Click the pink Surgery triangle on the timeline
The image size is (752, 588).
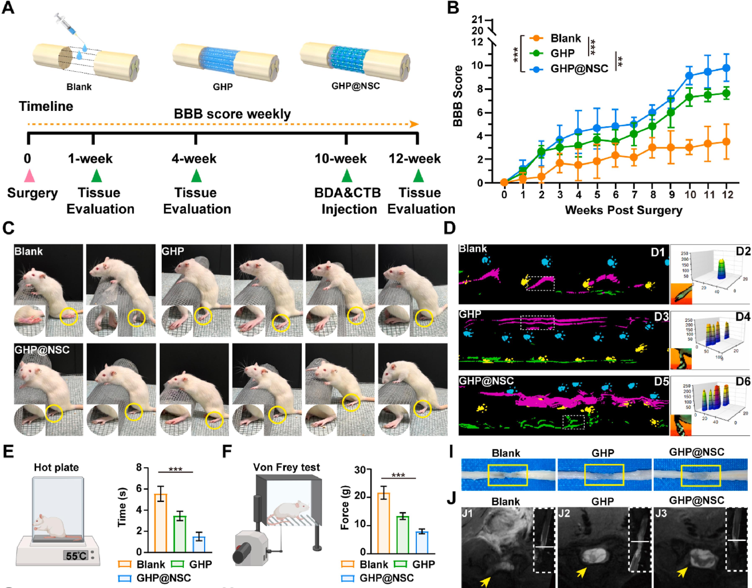(x=29, y=176)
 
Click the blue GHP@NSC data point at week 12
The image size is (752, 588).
(x=726, y=68)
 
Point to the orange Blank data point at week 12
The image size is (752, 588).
(x=726, y=142)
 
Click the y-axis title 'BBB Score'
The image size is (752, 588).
(x=458, y=96)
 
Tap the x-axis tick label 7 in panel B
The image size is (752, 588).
(x=635, y=195)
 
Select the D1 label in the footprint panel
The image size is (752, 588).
(x=658, y=253)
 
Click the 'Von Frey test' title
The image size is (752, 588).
(x=286, y=468)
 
